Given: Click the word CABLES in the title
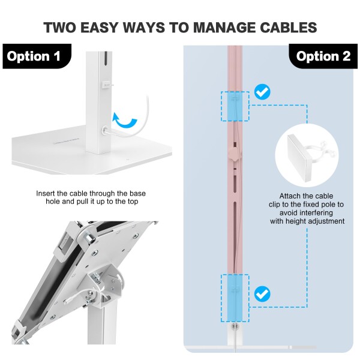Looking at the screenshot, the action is [289, 28].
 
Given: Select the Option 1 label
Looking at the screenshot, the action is [34, 56].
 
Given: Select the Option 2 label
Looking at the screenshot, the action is [323, 56].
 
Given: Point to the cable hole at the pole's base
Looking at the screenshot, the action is [106, 130].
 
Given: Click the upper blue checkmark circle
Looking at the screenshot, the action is [262, 92].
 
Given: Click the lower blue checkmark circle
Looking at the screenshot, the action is [262, 294].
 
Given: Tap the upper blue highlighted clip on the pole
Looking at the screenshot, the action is [235, 106].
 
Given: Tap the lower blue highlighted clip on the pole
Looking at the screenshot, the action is [235, 298].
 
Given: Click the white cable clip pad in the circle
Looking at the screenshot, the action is [299, 157].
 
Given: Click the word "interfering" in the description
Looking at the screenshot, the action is [306, 213].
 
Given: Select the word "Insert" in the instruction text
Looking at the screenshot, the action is [46, 193].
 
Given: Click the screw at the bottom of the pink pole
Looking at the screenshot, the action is [235, 326].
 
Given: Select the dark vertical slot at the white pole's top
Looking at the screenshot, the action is [106, 58].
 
